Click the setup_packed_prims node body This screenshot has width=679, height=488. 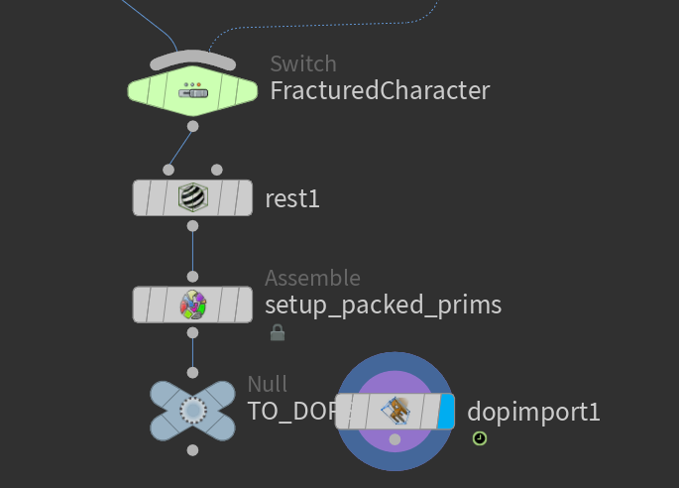tap(228, 305)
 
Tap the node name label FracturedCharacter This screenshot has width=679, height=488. tap(380, 91)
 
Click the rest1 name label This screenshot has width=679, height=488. tap(292, 198)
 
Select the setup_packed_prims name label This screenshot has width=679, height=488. tap(383, 305)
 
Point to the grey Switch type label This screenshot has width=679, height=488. tap(302, 64)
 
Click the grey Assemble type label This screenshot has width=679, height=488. tap(312, 279)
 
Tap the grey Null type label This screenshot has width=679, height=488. tap(267, 385)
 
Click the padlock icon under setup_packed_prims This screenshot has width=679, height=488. tap(278, 333)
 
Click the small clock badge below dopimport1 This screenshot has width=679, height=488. tap(480, 437)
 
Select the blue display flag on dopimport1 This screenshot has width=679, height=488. tap(446, 410)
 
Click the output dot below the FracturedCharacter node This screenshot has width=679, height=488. tap(192, 126)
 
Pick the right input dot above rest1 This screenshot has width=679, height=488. tap(217, 170)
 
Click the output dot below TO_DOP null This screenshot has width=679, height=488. tap(192, 450)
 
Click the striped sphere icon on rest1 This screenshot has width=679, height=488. tap(192, 198)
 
